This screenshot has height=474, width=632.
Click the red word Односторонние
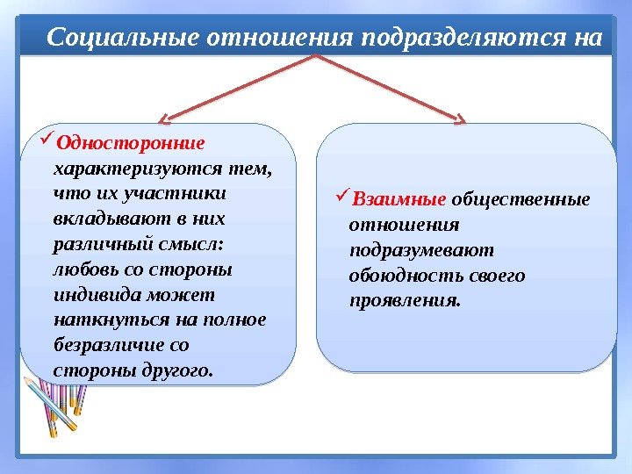[130, 143]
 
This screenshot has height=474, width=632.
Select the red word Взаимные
[400, 199]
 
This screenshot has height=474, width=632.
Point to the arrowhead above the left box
[167, 118]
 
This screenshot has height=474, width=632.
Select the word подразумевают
[408, 250]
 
